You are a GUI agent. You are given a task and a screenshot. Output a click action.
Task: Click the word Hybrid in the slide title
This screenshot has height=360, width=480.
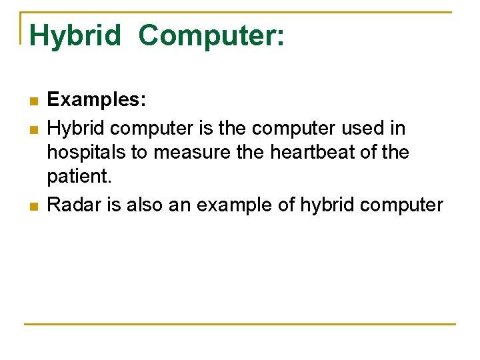75,35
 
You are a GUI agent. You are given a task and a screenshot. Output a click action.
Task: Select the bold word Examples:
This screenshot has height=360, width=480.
97,101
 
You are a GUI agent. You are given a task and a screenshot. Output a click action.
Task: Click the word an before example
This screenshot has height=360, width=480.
179,204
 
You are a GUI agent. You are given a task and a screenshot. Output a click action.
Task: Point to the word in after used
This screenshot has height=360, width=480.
398,127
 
